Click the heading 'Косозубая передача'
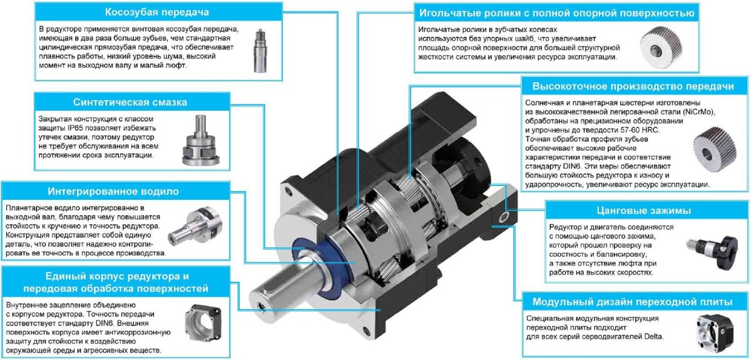(x=157, y=12)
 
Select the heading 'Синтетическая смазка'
(x=130, y=102)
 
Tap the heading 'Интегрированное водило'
(x=113, y=191)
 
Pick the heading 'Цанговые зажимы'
(x=644, y=210)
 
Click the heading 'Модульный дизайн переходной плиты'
(x=632, y=302)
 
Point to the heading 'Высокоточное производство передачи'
(x=633, y=86)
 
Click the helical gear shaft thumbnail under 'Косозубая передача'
(x=260, y=51)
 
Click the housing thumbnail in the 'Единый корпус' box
(x=203, y=323)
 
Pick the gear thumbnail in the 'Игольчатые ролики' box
(x=661, y=48)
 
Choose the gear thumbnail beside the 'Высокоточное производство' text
(x=715, y=150)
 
